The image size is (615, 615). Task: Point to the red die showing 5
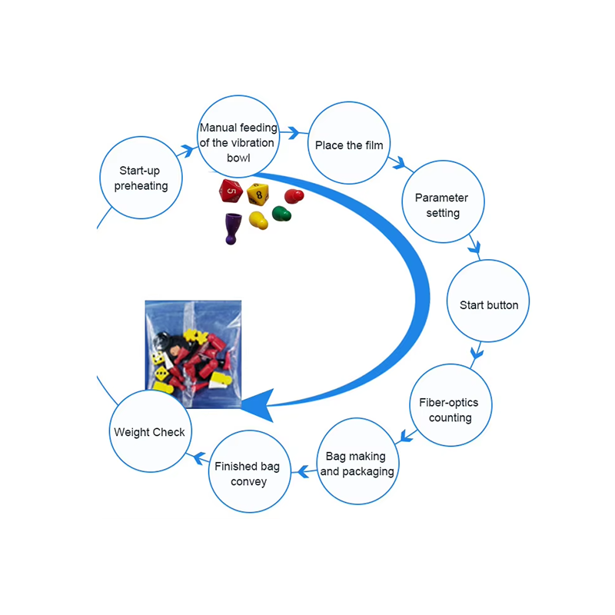tap(231, 191)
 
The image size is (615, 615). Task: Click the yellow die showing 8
tap(258, 194)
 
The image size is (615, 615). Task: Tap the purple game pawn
tap(233, 228)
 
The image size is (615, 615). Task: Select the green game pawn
tap(281, 214)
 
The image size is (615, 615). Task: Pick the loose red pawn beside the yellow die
tap(294, 196)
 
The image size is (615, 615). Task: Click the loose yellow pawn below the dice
tap(258, 221)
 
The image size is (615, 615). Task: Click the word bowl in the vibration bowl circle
tap(238, 158)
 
